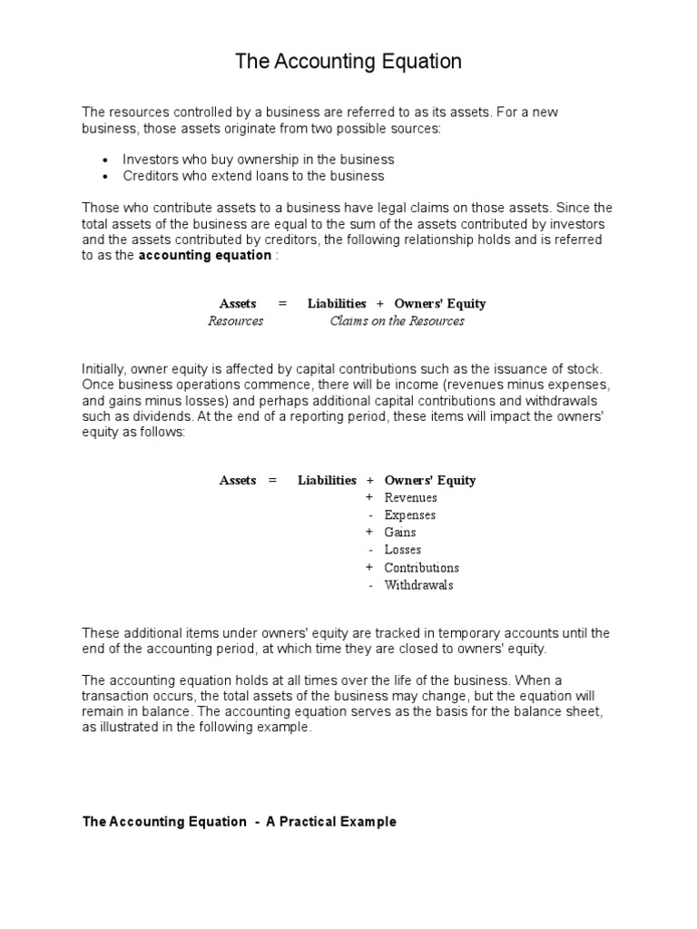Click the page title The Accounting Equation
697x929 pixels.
coord(348,62)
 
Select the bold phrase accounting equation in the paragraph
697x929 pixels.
coord(204,256)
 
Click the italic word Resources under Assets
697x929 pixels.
coord(236,321)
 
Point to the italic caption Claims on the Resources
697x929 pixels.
coord(397,321)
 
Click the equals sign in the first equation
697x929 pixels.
coord(282,304)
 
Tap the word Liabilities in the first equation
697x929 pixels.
coord(337,304)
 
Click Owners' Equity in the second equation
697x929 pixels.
coord(430,481)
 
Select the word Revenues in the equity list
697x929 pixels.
coord(410,498)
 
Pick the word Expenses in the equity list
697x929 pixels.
coord(409,515)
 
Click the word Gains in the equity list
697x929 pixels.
coord(400,533)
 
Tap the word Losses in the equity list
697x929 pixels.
coord(402,550)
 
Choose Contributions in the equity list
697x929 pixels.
coord(421,568)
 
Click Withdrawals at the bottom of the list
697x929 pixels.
coord(418,585)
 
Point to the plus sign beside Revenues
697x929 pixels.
coord(369,498)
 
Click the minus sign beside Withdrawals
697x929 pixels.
coord(370,585)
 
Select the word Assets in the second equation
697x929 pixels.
coord(238,481)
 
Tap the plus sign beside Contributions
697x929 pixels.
coord(369,568)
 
